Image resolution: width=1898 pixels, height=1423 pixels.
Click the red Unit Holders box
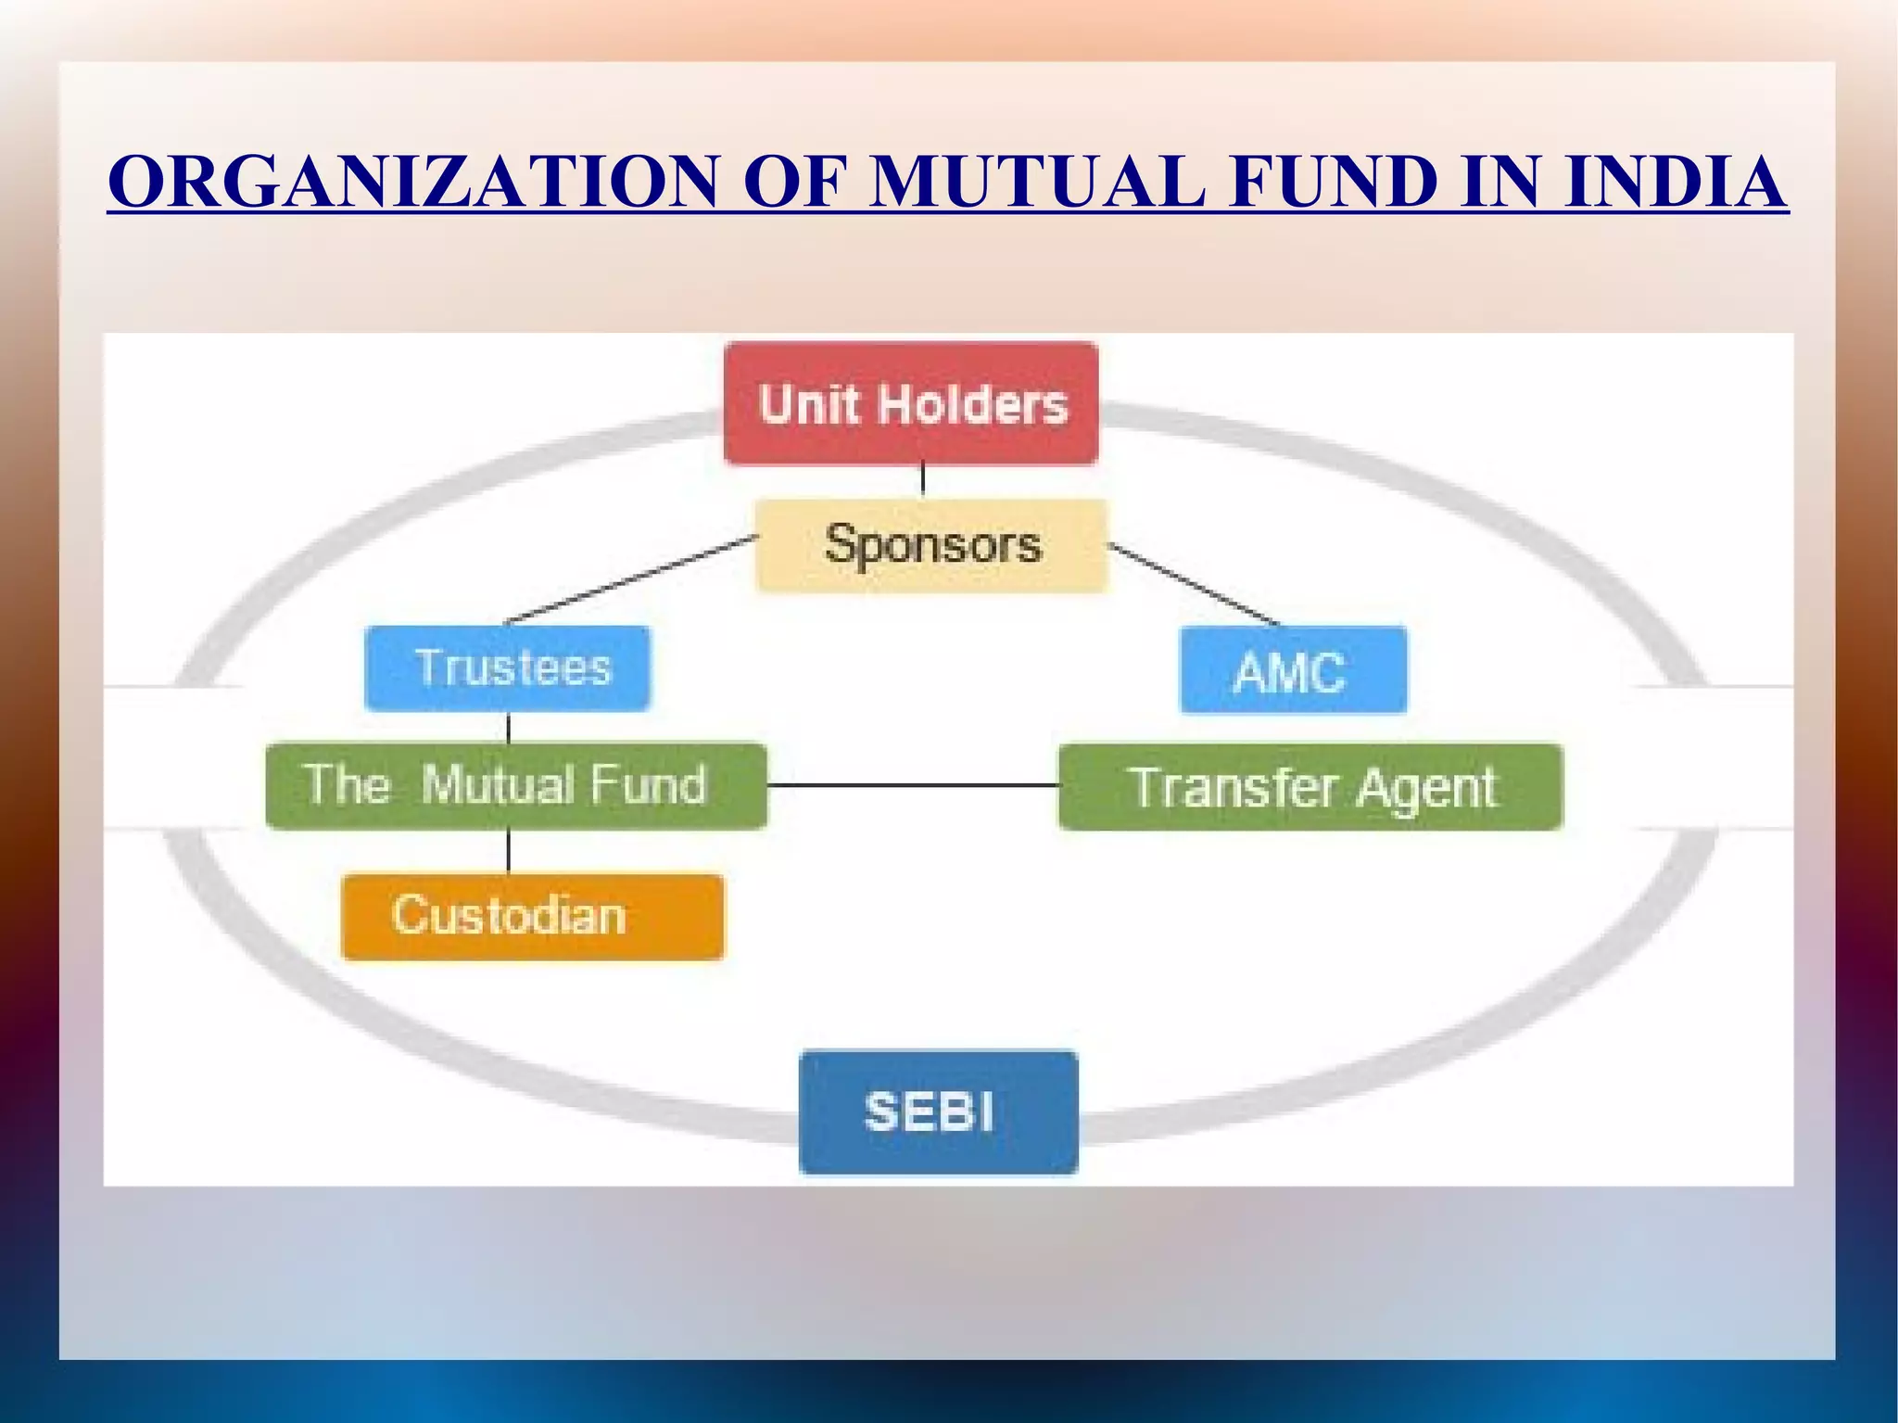[911, 403]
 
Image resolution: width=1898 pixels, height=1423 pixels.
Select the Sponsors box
[931, 545]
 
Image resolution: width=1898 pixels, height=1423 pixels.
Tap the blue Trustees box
[508, 668]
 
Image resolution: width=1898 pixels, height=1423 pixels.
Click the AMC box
[1292, 671]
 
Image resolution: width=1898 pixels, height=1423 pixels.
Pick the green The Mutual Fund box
[515, 785]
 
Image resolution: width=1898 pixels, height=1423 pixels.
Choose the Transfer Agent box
[1310, 787]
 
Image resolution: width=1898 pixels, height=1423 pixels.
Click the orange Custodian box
[533, 916]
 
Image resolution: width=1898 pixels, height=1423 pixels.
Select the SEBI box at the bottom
[938, 1112]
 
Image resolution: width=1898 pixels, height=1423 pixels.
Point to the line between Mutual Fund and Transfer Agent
[913, 785]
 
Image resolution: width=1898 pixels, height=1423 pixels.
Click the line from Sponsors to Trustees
[630, 579]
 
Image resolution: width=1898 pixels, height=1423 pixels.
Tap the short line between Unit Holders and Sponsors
[923, 480]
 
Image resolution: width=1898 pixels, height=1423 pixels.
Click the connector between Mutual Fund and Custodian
[509, 851]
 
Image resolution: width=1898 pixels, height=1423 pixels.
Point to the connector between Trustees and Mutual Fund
[509, 728]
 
